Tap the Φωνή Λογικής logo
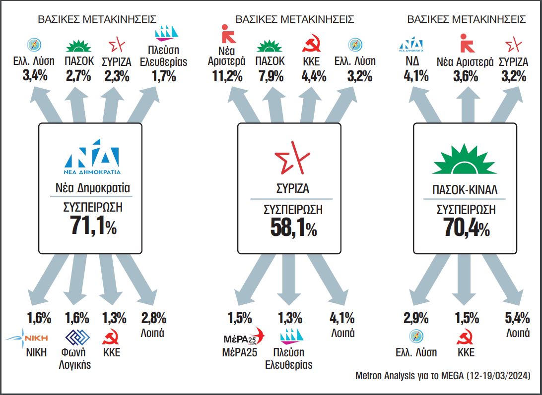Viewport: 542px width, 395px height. click(x=77, y=339)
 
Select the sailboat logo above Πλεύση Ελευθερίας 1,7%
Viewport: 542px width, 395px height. click(x=166, y=32)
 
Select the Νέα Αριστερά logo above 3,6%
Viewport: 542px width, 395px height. click(x=465, y=43)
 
